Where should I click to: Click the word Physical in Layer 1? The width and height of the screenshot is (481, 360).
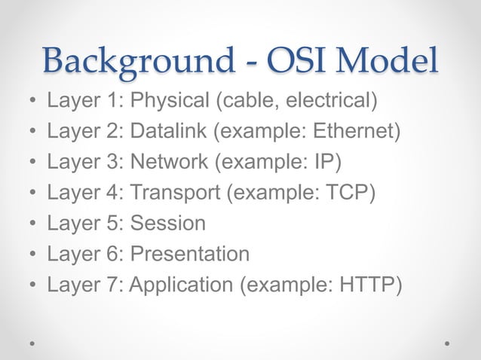(x=168, y=100)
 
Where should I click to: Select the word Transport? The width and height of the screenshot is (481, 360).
(x=173, y=193)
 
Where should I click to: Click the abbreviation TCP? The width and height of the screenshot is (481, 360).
(x=347, y=193)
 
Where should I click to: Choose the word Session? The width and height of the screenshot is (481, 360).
(x=167, y=224)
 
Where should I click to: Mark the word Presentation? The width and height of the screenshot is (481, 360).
(x=189, y=255)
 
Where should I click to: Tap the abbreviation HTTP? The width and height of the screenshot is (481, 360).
(x=369, y=285)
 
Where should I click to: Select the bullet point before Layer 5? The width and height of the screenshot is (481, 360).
(x=32, y=224)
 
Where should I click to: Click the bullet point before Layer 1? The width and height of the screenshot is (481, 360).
(x=32, y=101)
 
